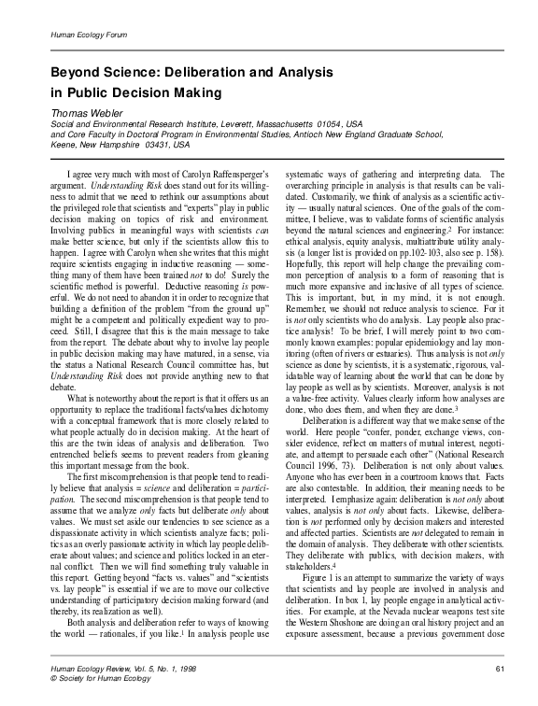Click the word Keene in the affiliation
(64, 146)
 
